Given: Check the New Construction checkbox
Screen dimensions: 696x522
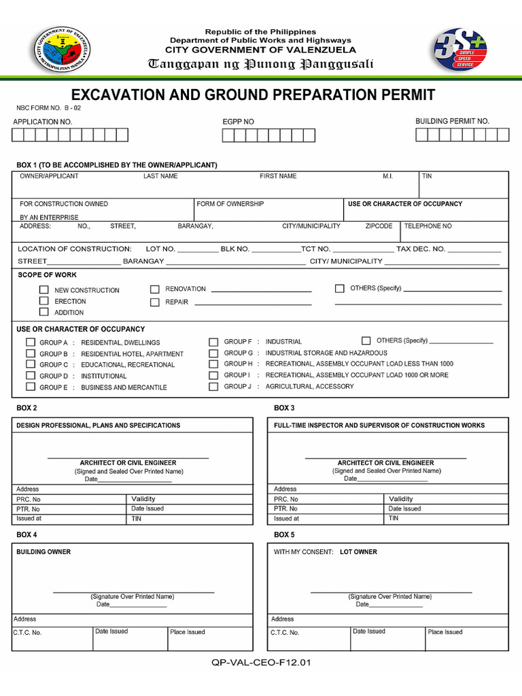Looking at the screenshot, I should (x=44, y=290).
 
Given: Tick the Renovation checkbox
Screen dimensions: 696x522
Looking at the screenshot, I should (x=155, y=289).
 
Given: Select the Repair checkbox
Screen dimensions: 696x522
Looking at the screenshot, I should (x=155, y=302).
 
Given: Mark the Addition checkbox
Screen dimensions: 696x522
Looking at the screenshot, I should (x=44, y=312).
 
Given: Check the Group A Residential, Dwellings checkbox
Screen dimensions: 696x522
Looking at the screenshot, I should (x=31, y=342).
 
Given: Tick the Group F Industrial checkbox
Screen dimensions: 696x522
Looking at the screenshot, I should (x=213, y=342).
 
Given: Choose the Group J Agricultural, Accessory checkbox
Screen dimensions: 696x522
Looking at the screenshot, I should (x=213, y=386).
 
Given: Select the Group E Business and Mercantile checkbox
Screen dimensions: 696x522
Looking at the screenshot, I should (x=31, y=387).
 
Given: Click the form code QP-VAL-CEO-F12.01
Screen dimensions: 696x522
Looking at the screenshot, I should (x=261, y=663).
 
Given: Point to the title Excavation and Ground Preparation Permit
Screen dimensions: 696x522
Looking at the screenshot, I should (x=253, y=94).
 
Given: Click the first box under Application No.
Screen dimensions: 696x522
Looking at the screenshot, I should (x=18, y=135).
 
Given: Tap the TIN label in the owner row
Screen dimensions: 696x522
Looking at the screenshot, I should (x=427, y=176).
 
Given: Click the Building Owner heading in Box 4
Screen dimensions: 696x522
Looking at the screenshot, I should (x=43, y=552).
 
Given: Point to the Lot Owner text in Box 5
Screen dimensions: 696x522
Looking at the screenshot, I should (x=358, y=552).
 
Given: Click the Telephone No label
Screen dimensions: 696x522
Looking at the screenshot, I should (x=428, y=226).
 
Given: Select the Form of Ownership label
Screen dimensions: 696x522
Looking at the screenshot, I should (x=230, y=204).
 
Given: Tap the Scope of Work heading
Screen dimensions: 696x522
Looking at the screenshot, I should (x=46, y=275).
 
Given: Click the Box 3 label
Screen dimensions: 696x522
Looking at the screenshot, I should (x=284, y=408).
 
